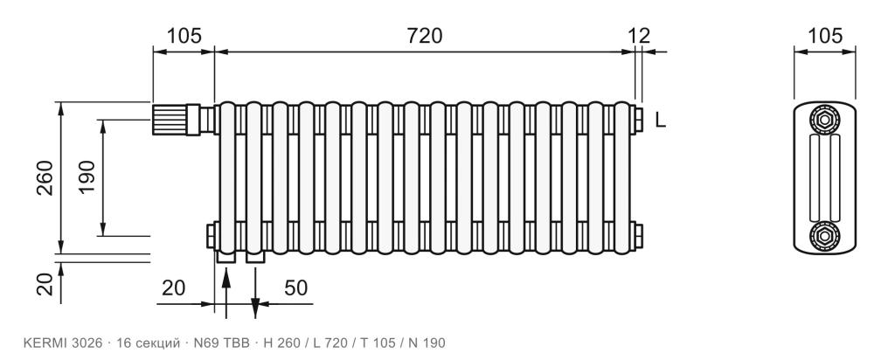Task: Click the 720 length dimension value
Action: pyautogui.click(x=425, y=36)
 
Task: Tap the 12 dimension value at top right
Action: pyautogui.click(x=639, y=36)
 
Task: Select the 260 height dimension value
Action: pyautogui.click(x=45, y=178)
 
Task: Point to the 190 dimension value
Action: pyautogui.click(x=87, y=177)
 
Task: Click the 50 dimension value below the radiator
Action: pyautogui.click(x=295, y=288)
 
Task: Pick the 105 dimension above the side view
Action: pyautogui.click(x=825, y=36)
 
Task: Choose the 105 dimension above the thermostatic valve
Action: pyautogui.click(x=184, y=36)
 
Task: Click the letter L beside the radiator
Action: pyautogui.click(x=661, y=120)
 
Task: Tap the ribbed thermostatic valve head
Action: pyautogui.click(x=169, y=119)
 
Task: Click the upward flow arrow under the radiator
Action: pyautogui.click(x=226, y=292)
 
